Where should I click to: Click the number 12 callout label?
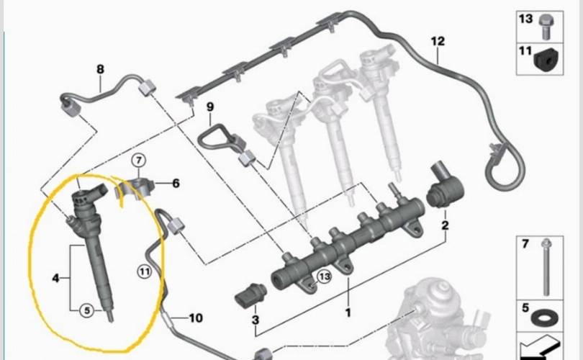(x=438, y=41)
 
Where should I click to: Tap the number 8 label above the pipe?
(x=100, y=69)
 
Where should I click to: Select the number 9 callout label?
(x=210, y=107)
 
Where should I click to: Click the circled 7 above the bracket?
(x=139, y=161)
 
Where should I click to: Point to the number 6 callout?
(x=176, y=184)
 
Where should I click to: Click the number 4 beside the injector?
(x=55, y=278)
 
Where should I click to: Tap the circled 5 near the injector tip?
(x=87, y=310)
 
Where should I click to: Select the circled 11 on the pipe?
(x=144, y=271)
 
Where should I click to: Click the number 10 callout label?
(x=196, y=318)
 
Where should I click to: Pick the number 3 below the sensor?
(x=256, y=320)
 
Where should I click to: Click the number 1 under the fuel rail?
(x=348, y=312)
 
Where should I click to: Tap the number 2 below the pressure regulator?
(x=445, y=225)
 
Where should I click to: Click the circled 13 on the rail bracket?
(x=324, y=276)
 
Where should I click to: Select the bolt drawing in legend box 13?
(x=546, y=27)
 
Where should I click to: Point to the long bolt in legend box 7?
(x=546, y=267)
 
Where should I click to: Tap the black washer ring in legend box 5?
(x=544, y=318)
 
